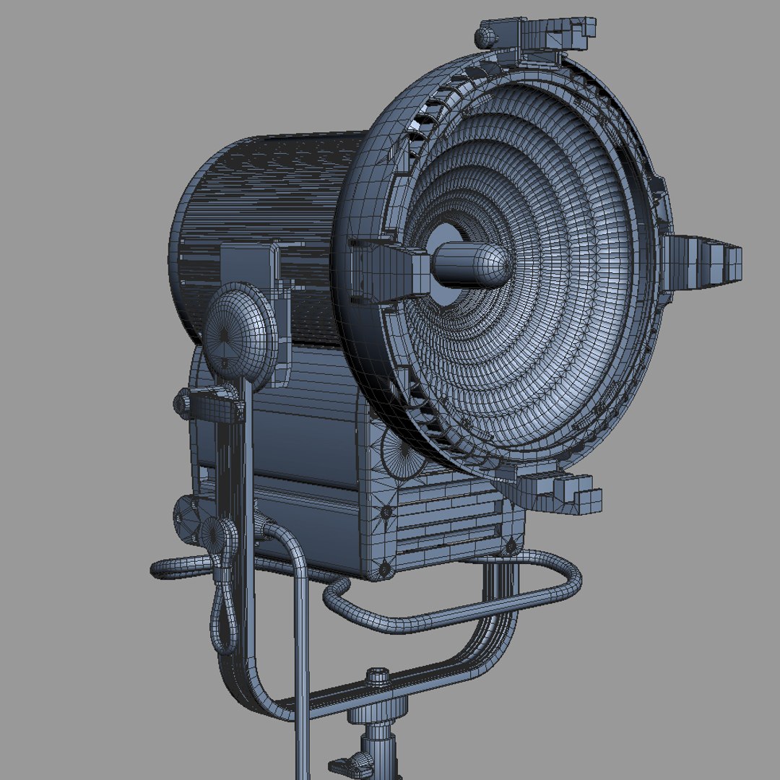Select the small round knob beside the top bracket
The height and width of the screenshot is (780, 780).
(x=487, y=35)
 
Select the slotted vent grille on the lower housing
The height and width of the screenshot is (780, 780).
(x=448, y=520)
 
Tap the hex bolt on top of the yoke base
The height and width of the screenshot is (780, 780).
(x=378, y=677)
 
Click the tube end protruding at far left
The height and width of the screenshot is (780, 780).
(x=160, y=568)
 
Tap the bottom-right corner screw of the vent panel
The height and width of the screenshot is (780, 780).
(x=512, y=545)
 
